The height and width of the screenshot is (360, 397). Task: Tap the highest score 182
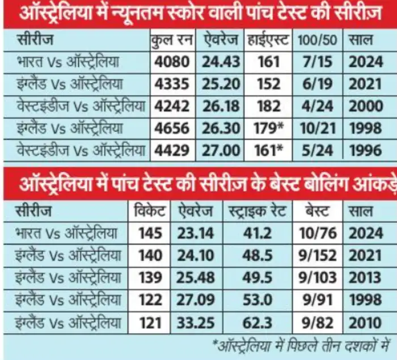tap(268, 107)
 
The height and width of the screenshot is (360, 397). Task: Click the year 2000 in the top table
tap(365, 107)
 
